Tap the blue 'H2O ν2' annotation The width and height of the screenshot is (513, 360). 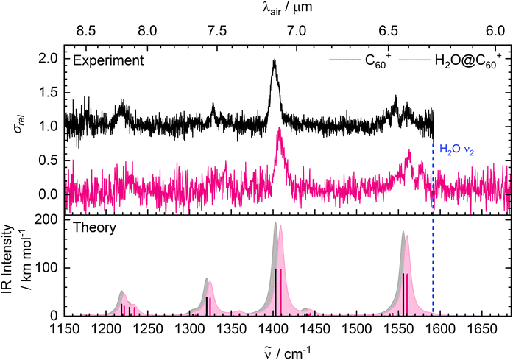pyautogui.click(x=459, y=149)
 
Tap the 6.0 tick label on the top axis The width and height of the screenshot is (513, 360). pyautogui.click(x=495, y=32)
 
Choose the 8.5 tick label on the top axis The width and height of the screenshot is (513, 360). pyautogui.click(x=86, y=32)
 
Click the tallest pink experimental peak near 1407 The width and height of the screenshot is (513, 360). pyautogui.click(x=280, y=128)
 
